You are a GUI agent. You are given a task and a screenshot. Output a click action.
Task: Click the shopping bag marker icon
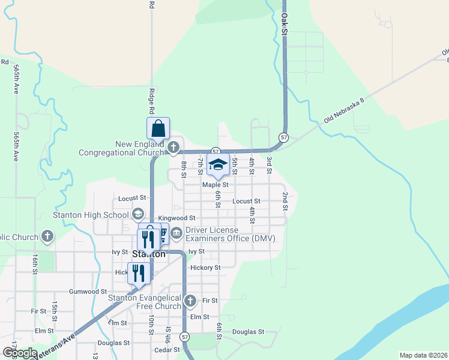(x=158, y=128)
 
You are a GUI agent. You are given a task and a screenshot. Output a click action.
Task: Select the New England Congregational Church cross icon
(x=173, y=147)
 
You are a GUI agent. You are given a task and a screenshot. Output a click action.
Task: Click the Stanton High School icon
(x=137, y=214)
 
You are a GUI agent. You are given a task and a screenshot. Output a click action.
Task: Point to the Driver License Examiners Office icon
(x=176, y=235)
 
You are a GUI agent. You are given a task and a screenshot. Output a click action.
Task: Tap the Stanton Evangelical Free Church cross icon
(x=190, y=301)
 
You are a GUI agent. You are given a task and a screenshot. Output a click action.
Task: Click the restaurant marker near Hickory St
(x=138, y=273)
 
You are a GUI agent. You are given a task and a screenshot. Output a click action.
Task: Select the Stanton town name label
(x=148, y=254)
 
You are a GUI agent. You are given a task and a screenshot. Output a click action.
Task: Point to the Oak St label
(x=285, y=25)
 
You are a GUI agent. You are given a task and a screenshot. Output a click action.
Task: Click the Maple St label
(x=215, y=185)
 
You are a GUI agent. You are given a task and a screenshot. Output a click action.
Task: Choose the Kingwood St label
(x=176, y=218)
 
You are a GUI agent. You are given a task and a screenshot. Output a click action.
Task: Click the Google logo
(x=20, y=353)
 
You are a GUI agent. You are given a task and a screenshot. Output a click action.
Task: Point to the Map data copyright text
(x=423, y=355)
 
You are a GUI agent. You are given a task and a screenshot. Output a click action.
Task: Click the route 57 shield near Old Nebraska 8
(x=284, y=138)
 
